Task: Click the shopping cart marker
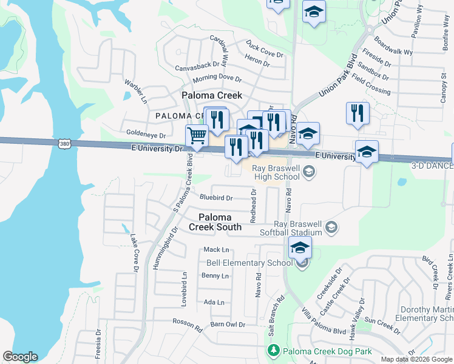[197, 136]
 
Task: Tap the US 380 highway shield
[64, 144]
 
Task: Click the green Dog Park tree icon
[273, 351]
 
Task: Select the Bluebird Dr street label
[216, 198]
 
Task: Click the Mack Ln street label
[217, 249]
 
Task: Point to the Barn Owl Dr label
[228, 325]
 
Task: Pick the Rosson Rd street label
[187, 325]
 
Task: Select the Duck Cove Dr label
[265, 49]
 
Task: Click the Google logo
[21, 357]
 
